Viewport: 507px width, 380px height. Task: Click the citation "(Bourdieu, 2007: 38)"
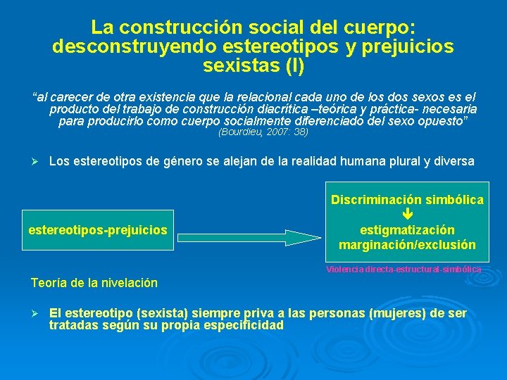point(263,132)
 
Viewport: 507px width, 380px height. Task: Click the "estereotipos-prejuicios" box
point(98,230)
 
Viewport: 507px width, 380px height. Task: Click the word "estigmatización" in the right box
point(407,230)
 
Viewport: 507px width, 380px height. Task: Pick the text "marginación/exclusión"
point(407,245)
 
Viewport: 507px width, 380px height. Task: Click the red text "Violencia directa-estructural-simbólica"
point(404,270)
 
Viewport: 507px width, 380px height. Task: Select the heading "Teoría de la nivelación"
point(94,283)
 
